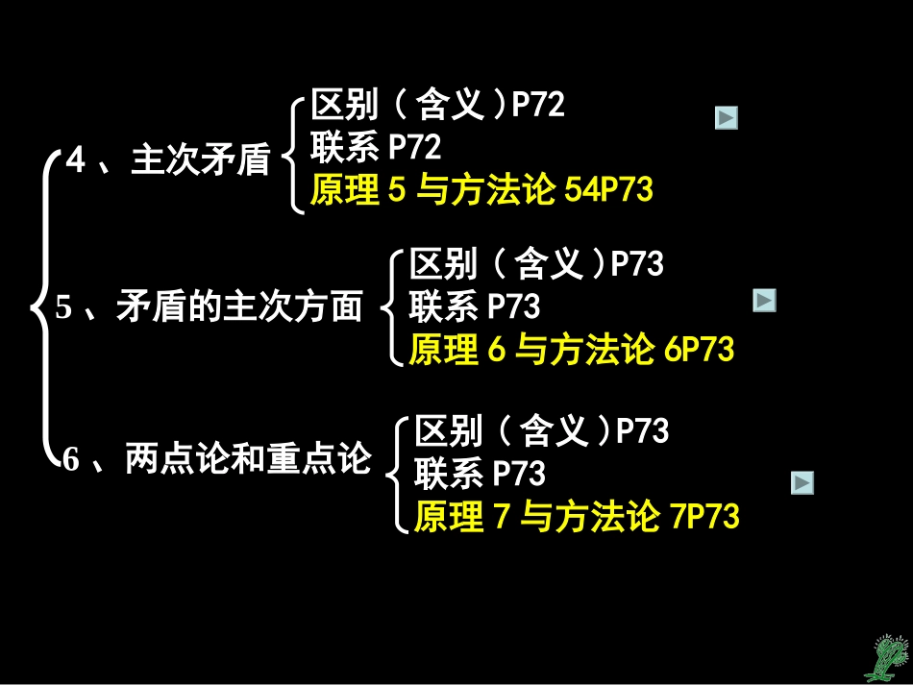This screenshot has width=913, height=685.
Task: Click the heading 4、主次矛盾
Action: coord(167,160)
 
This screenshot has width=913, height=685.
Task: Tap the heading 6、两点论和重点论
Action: coord(216,459)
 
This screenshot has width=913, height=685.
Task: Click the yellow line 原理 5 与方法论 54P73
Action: coord(481,190)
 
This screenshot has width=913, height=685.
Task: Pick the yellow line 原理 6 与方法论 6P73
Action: coord(571,350)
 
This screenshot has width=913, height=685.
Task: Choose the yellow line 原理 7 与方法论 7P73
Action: coord(577,518)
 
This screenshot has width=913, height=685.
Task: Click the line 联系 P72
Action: coord(376,147)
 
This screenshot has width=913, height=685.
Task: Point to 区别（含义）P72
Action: coord(437,104)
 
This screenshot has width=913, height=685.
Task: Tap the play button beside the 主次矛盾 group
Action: coord(727,118)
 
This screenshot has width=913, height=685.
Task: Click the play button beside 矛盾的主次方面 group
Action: coord(764,301)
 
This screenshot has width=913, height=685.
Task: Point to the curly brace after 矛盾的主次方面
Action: coord(388,307)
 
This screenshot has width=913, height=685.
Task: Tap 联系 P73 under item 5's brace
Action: coord(475,306)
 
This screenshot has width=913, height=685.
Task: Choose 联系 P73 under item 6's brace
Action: coord(480,474)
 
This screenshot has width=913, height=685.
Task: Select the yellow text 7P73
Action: coord(703,518)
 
